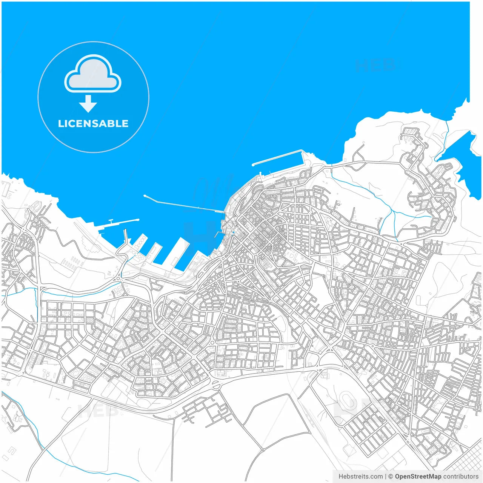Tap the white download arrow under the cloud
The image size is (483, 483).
88,104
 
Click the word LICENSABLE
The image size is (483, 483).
93,124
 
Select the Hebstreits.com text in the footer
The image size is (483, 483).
360,477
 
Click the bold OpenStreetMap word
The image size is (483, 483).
418,477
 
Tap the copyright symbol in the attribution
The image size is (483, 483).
391,477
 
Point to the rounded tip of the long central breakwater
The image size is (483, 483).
145,196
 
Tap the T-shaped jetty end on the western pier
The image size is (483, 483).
111,220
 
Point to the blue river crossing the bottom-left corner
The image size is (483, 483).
34,426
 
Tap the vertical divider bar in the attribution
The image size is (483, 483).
386,477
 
